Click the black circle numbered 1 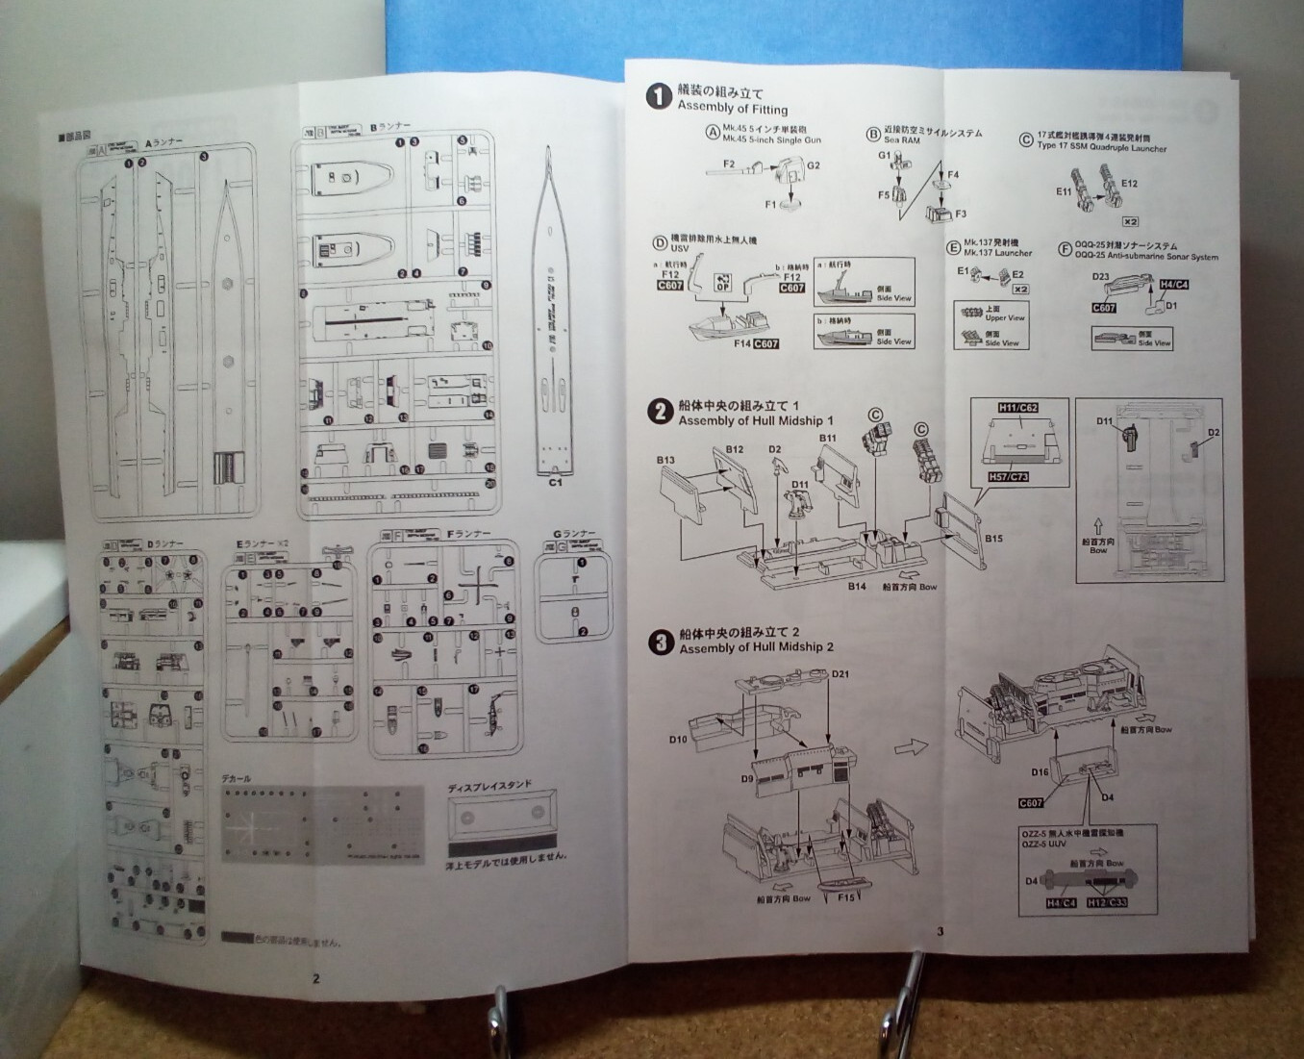(659, 96)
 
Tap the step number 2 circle (660, 412)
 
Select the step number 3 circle (660, 642)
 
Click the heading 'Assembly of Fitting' (732, 109)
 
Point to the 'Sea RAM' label (902, 140)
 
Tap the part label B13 (665, 460)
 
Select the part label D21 (840, 673)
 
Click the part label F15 (845, 897)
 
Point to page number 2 (316, 979)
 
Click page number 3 (940, 930)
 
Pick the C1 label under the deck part (555, 483)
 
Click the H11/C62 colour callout (1017, 408)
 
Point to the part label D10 (678, 740)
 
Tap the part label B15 (993, 539)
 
